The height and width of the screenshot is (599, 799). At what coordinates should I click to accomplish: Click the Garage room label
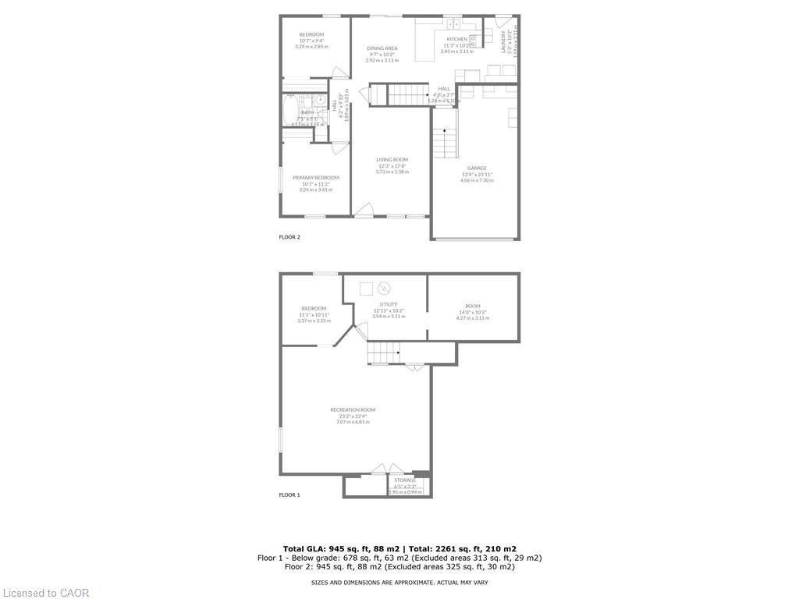click(x=477, y=168)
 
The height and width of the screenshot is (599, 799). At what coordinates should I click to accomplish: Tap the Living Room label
click(x=392, y=160)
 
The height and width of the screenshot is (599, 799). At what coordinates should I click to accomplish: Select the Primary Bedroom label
click(x=315, y=178)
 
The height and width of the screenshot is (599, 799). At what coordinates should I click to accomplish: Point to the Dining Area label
click(x=382, y=48)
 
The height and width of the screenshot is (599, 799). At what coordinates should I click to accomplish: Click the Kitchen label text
click(x=456, y=39)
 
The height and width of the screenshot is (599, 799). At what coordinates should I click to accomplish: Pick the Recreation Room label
click(x=353, y=410)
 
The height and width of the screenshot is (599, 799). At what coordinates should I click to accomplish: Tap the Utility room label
click(x=389, y=304)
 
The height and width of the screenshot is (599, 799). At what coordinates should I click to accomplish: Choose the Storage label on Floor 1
click(x=405, y=480)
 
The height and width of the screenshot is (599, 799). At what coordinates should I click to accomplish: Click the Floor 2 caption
click(x=289, y=237)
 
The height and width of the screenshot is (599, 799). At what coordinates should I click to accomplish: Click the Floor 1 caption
click(x=289, y=495)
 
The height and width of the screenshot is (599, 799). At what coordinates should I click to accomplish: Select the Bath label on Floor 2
click(x=307, y=112)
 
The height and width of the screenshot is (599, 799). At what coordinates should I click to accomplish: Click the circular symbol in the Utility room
click(x=383, y=289)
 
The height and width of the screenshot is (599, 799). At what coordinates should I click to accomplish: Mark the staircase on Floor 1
click(x=383, y=353)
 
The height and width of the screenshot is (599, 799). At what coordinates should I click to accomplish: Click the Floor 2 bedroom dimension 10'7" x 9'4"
click(x=311, y=41)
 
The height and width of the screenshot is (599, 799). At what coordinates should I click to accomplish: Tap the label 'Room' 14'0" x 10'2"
click(x=473, y=306)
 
